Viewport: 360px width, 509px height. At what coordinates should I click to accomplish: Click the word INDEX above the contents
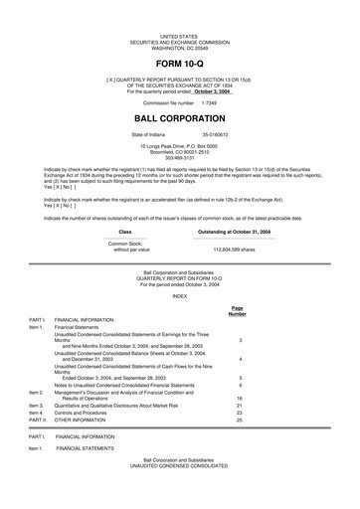[x=179, y=295]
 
